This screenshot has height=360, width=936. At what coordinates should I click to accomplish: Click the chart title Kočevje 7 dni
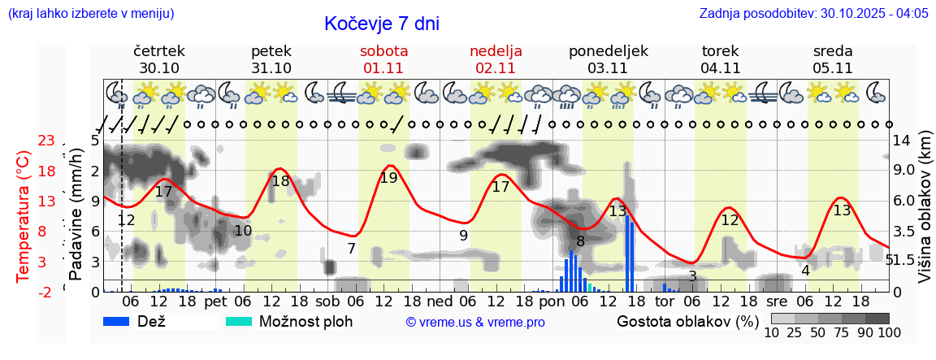[x=382, y=24]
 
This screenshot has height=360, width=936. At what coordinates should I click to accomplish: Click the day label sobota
[x=383, y=51]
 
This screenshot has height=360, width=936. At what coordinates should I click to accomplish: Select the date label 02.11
[x=496, y=68]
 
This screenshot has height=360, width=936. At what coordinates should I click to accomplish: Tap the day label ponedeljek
[x=608, y=51]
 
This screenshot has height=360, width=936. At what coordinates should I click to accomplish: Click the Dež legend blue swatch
[x=122, y=322]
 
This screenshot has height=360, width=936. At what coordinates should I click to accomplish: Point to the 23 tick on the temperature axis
[x=46, y=141]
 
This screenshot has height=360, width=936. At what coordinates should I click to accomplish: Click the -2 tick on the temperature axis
[x=46, y=292]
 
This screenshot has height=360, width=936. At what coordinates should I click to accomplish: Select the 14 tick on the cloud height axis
[x=902, y=141]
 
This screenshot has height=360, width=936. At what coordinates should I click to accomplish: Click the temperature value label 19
[x=389, y=178]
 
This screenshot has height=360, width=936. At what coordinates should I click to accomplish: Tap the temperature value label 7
[x=351, y=249]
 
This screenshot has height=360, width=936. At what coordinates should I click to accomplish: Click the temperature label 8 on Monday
[x=580, y=241]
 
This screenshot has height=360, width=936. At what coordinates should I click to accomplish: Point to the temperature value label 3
[x=692, y=276]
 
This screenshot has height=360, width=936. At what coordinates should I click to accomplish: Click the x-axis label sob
[x=328, y=301]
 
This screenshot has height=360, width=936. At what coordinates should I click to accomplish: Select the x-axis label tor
[x=665, y=301]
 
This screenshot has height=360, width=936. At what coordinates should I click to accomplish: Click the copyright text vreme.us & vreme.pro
[x=474, y=323]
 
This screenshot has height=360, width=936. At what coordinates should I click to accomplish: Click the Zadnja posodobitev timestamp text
[x=813, y=14]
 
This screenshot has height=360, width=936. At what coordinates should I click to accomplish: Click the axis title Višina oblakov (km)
[x=925, y=216]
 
